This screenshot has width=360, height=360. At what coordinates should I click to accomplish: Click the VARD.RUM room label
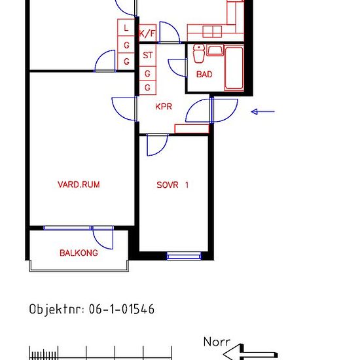tap(79, 185)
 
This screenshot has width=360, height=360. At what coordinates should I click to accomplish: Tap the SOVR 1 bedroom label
tap(172, 185)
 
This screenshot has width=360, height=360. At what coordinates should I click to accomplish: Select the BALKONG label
tap(79, 253)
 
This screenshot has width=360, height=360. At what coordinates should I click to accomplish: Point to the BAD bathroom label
tap(204, 75)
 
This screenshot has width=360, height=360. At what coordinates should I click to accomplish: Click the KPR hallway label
tap(164, 107)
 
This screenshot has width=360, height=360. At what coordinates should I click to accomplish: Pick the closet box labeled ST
tap(148, 55)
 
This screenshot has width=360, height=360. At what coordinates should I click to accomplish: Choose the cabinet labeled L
tap(126, 27)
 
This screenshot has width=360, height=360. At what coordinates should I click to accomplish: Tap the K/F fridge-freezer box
tap(148, 33)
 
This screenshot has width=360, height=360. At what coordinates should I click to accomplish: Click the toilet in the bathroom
tap(199, 54)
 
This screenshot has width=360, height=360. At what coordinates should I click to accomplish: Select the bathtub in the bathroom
tap(234, 67)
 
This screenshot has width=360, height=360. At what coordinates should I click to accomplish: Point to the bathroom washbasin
tap(215, 50)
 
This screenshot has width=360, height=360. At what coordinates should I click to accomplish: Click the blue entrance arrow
tap(263, 111)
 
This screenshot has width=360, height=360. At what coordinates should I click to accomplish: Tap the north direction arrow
tap(250, 353)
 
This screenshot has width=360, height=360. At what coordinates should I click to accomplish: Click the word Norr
tap(217, 342)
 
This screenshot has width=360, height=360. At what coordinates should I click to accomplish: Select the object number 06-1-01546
tap(122, 309)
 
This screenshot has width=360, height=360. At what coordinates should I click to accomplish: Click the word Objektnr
tap(57, 309)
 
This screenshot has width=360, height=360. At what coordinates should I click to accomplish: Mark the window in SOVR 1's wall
tap(184, 255)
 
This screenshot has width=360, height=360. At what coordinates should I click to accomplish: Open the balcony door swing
tap(103, 239)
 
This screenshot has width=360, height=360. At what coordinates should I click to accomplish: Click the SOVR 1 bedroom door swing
tap(157, 145)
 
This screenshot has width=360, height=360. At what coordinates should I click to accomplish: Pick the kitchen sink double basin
tap(212, 31)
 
